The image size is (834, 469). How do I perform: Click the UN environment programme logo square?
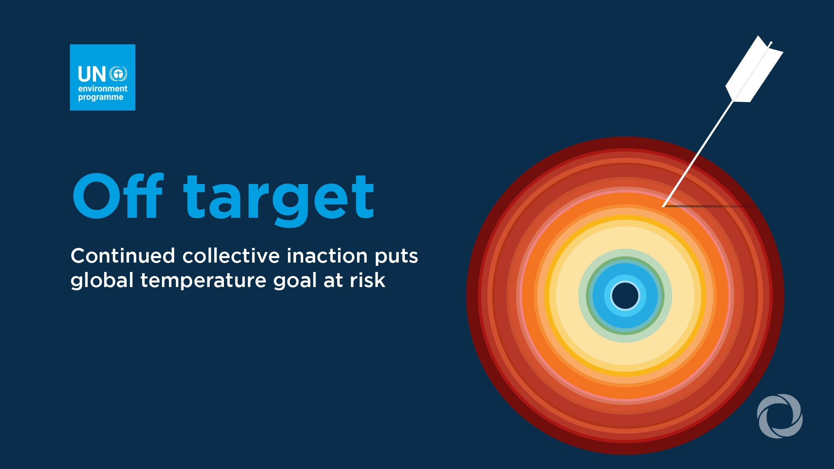point(103,77)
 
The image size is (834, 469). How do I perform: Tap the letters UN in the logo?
point(92,75)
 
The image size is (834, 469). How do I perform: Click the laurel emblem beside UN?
point(119,74)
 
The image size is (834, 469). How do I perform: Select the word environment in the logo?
point(103,89)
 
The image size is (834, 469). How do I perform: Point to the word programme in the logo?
point(101,97)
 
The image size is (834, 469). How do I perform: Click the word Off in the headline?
point(118,196)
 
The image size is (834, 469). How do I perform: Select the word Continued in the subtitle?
point(123,256)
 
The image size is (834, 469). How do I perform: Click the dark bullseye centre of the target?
point(625,296)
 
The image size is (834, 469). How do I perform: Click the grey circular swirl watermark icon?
point(780,416)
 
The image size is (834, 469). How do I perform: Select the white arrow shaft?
point(698,153)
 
